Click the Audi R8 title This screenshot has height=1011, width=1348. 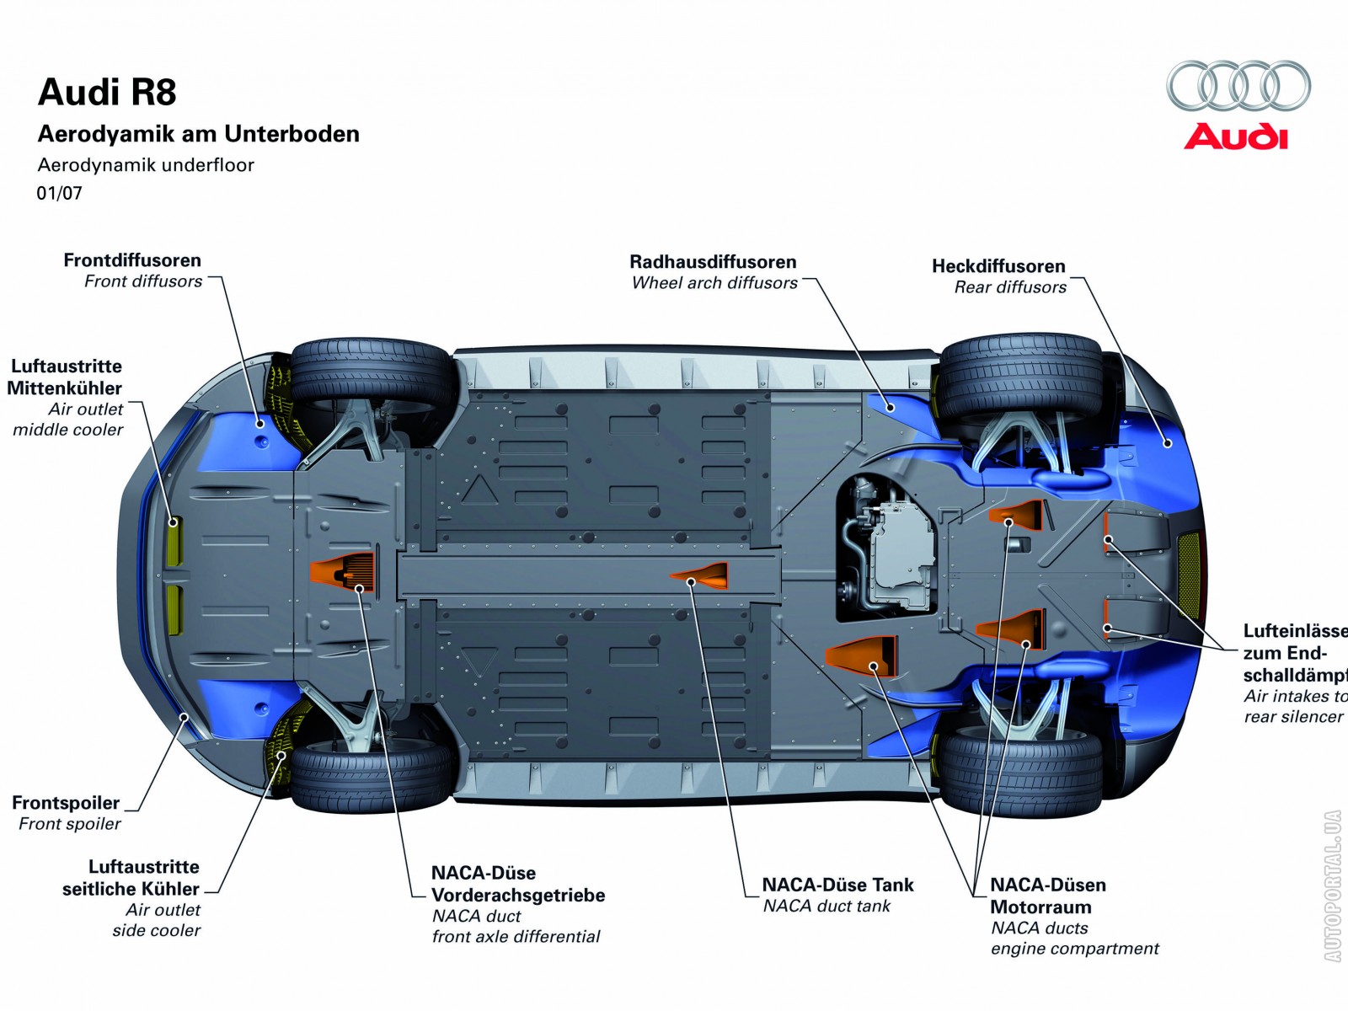click(107, 93)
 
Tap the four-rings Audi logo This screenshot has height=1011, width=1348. click(1238, 86)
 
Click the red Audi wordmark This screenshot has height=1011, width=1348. click(1236, 136)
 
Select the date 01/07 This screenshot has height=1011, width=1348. click(59, 194)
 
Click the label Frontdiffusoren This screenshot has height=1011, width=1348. click(132, 260)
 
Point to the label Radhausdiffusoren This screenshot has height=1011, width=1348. click(713, 262)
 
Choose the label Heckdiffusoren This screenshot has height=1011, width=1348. click(998, 266)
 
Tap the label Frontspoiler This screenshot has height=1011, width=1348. click(66, 803)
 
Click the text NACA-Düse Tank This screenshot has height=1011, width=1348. click(837, 885)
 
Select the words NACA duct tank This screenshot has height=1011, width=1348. click(826, 907)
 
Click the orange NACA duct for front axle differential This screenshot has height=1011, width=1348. click(343, 572)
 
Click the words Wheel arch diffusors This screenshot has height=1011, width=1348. click(714, 283)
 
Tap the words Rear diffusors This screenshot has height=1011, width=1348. click(1010, 287)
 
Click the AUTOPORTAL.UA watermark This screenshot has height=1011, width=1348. click(1332, 885)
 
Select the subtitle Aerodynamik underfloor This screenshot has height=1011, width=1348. click(146, 165)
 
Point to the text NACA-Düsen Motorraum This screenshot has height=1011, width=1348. click(1047, 896)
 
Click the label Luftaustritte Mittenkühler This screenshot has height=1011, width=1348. click(66, 377)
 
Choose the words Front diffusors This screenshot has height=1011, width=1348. click(143, 281)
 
